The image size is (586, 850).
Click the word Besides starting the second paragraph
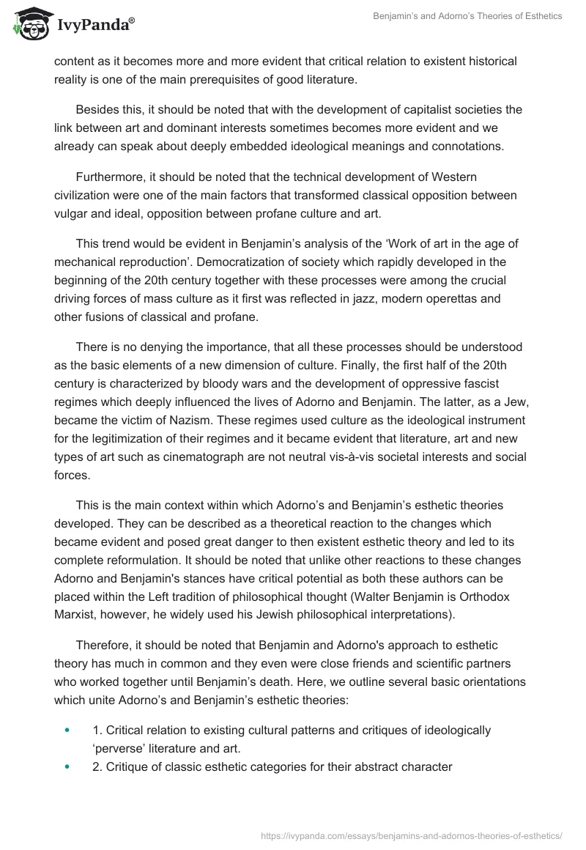pyautogui.click(x=99, y=110)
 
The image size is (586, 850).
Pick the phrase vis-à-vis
pyautogui.click(x=397, y=438)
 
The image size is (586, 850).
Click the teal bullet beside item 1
pyautogui.click(x=67, y=730)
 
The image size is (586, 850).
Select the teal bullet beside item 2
pyautogui.click(x=67, y=766)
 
